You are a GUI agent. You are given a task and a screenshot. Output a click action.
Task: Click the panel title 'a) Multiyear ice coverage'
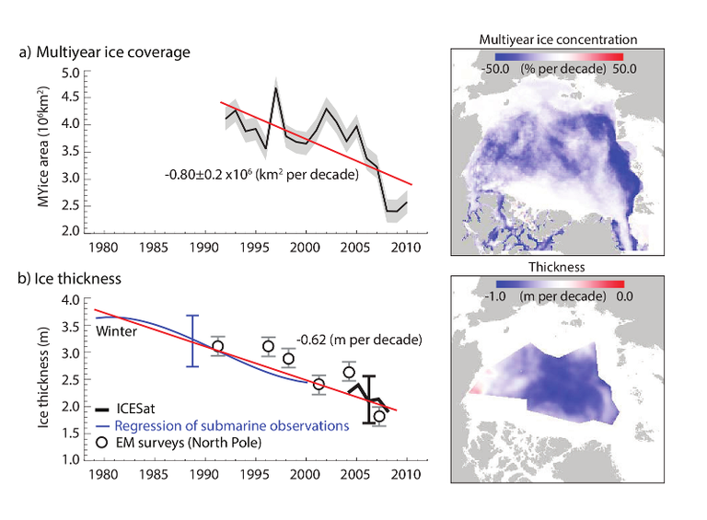(x=104, y=52)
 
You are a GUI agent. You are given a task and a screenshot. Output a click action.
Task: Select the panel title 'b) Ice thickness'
(x=75, y=276)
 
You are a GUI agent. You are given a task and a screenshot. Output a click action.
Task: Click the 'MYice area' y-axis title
(x=43, y=152)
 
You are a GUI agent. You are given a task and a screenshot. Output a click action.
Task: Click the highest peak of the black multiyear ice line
(x=274, y=87)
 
